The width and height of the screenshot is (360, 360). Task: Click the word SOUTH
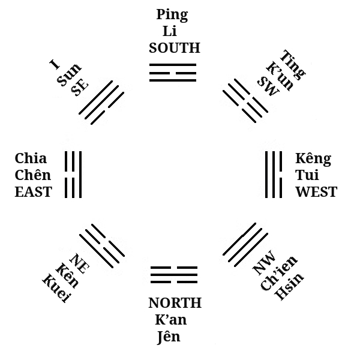point(174,48)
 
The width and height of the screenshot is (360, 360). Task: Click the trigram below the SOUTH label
point(173,72)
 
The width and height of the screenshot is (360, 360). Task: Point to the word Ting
point(293,63)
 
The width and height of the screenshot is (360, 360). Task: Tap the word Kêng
point(313,159)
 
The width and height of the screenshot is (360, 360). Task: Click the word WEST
point(316,193)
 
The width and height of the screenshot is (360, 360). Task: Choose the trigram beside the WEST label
point(274,175)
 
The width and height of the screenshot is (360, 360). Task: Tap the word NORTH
point(175,303)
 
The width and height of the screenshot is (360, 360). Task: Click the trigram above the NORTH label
point(173,274)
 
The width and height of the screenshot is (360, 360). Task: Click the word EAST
point(34,193)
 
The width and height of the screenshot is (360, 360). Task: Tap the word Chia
point(31,159)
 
